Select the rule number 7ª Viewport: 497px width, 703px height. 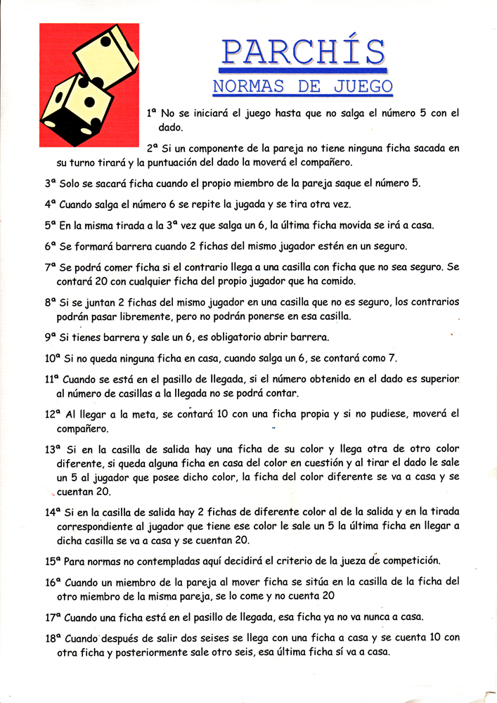tap(50, 267)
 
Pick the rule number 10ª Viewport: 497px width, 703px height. tap(53, 358)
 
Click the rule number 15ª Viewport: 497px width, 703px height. tap(53, 561)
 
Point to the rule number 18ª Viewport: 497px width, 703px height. tap(53, 638)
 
